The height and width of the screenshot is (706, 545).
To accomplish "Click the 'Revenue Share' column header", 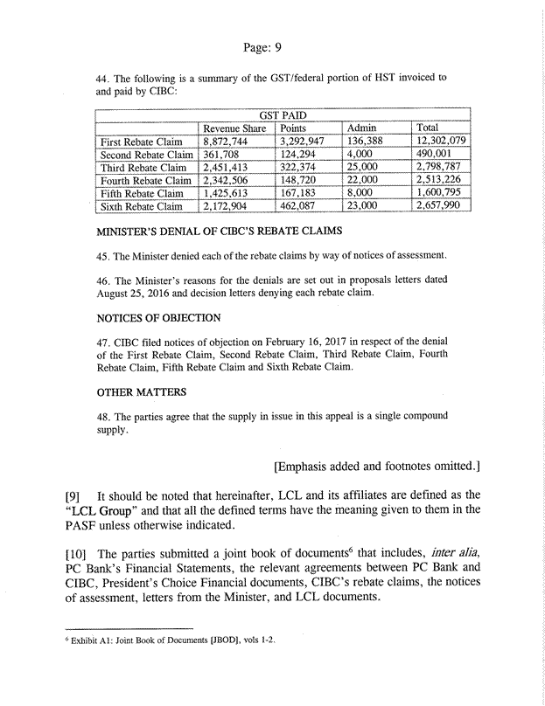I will click(x=234, y=128).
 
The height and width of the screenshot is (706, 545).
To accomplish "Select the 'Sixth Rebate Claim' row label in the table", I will click(x=144, y=206).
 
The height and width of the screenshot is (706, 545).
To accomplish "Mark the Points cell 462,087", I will click(x=301, y=206).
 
